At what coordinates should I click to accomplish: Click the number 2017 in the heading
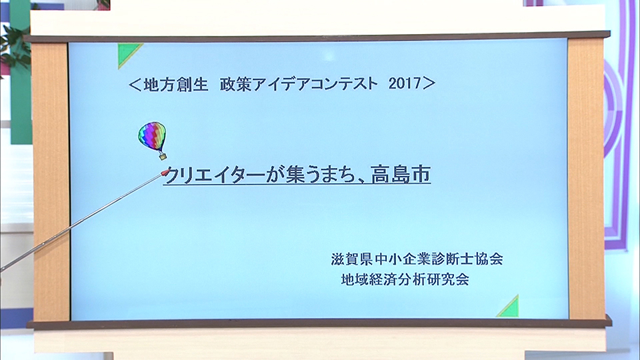(x=405, y=83)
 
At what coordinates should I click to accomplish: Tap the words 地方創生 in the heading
(x=176, y=84)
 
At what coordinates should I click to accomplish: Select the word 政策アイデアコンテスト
(x=299, y=84)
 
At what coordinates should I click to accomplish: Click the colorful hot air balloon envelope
(x=152, y=135)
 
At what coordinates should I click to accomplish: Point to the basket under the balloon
(x=163, y=156)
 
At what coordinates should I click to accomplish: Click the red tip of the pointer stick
(x=165, y=172)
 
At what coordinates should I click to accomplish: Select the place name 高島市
(x=401, y=174)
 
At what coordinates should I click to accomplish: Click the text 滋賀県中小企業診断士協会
(x=417, y=259)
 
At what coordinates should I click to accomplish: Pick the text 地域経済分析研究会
(x=405, y=279)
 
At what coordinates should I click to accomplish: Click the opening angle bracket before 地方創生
(x=135, y=84)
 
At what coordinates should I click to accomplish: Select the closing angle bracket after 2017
(x=429, y=83)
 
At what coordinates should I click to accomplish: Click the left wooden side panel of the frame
(x=51, y=181)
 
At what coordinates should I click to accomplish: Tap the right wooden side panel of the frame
(x=586, y=179)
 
